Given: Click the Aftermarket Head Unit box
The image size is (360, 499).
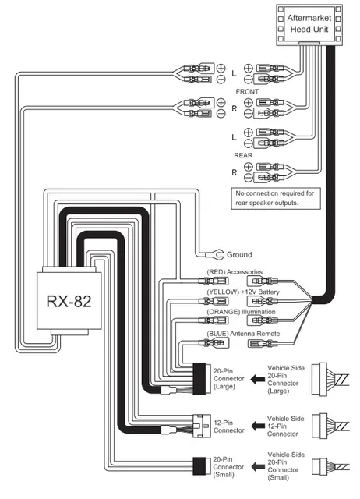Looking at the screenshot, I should (310, 24).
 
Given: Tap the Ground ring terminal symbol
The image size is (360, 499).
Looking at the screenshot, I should (221, 254).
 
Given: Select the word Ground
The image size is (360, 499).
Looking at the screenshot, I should (239, 255).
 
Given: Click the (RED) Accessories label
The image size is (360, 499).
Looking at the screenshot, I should (234, 272).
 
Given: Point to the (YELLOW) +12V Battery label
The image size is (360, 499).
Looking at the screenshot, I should (242, 292).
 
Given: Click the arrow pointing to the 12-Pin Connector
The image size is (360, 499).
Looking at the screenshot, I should (260, 426).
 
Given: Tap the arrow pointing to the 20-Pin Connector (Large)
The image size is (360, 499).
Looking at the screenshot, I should (260, 380).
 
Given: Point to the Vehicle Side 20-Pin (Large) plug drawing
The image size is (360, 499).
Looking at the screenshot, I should (327, 380).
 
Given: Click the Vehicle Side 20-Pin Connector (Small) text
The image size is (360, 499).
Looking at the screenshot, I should (285, 465).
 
